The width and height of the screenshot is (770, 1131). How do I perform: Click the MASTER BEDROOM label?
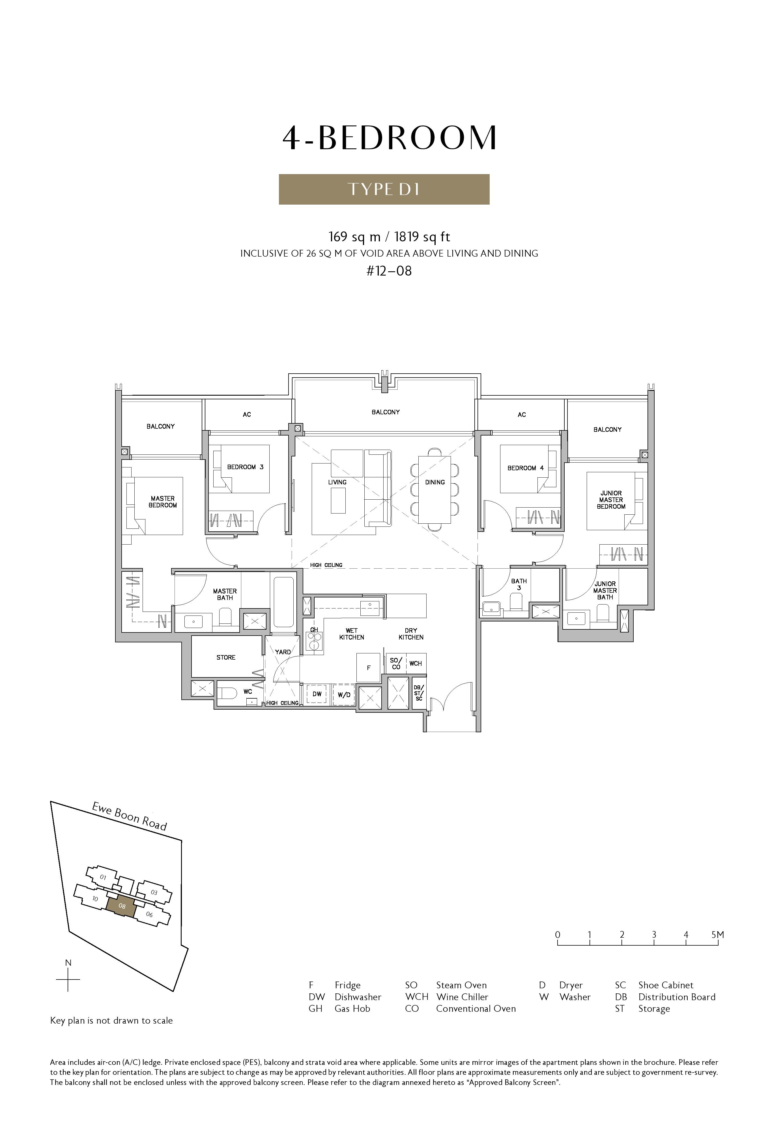point(163,502)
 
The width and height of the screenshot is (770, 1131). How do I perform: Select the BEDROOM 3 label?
point(245,467)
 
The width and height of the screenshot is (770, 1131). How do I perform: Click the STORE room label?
point(226,657)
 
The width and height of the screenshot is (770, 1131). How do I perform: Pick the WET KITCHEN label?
point(352,634)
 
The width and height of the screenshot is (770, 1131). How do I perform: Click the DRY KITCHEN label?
point(411,634)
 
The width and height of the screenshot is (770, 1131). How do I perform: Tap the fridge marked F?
point(369,668)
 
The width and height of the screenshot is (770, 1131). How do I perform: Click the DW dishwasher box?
point(317,694)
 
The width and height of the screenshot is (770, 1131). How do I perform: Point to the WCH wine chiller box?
point(416,663)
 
